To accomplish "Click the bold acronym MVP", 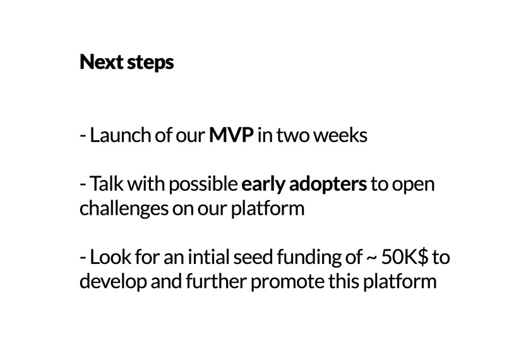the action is (231, 135).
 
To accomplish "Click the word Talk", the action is (106, 184).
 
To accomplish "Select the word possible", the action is (203, 185).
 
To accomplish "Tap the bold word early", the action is (263, 185).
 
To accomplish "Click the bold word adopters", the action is (328, 185).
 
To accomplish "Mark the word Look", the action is (111, 257).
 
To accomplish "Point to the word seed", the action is (253, 257).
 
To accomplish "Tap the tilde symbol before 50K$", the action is (372, 258).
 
